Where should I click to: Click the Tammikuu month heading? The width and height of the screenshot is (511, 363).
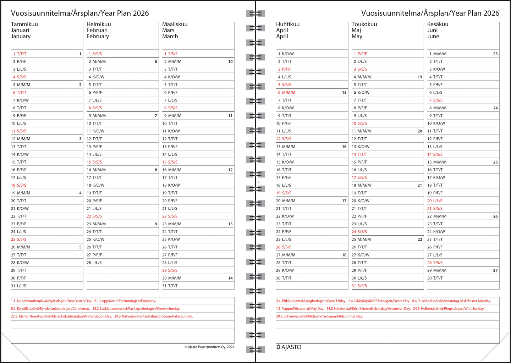(24, 24)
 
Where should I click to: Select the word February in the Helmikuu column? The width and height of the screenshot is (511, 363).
(98, 36)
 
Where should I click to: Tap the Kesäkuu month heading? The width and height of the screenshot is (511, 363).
(438, 24)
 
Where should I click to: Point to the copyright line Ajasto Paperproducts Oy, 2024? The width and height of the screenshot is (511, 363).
(209, 347)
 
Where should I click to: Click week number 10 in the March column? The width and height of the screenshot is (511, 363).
(230, 62)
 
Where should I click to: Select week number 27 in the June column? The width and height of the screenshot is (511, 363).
(495, 270)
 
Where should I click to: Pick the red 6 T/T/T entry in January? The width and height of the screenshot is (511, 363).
(20, 93)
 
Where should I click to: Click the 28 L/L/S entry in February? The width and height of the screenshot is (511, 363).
(94, 263)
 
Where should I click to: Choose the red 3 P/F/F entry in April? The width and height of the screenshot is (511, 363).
(285, 70)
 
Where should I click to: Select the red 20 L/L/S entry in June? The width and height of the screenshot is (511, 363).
(435, 201)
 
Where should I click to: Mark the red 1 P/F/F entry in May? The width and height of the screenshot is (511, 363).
(360, 54)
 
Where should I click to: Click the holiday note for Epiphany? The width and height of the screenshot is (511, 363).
(125, 301)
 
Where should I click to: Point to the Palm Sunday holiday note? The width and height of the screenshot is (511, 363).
(153, 317)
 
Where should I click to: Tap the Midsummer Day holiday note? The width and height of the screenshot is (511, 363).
(319, 317)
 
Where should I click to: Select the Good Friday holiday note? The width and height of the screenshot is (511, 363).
(311, 301)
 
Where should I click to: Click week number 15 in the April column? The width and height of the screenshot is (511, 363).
(344, 93)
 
